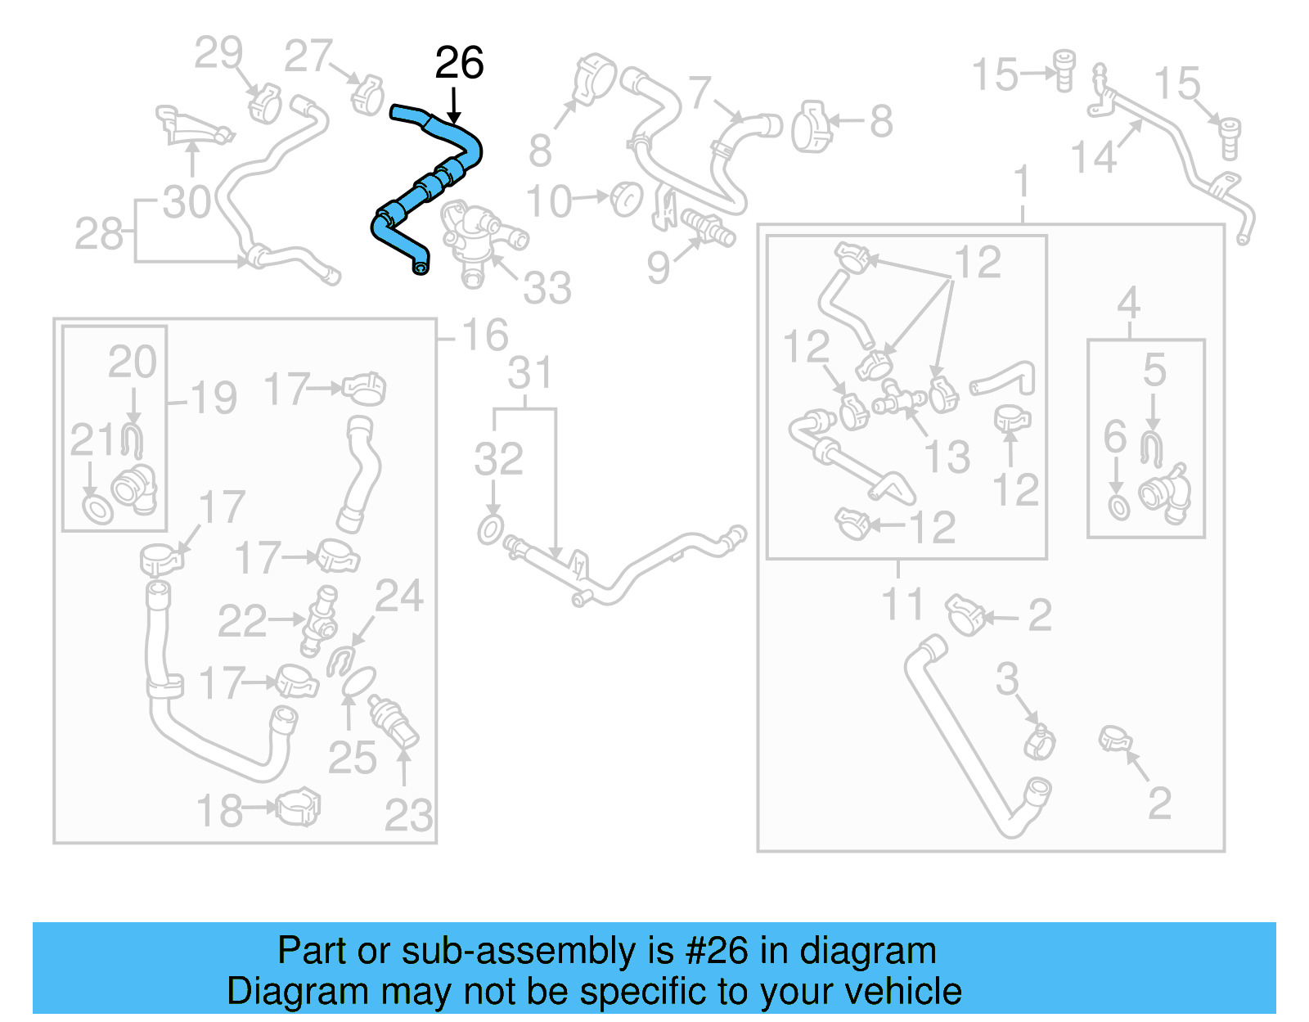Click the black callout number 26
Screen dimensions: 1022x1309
coord(459,63)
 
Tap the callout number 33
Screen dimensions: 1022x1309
coord(547,288)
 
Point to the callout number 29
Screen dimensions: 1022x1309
coord(218,53)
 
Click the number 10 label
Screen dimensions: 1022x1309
coord(548,202)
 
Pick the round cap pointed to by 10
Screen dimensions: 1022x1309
coord(627,199)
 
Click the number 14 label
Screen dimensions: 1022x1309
coord(1094,157)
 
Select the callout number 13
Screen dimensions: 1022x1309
coord(947,457)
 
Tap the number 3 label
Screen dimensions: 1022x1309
coord(1007,678)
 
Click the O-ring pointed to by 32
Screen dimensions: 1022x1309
coord(490,529)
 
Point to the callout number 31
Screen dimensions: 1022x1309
coord(530,373)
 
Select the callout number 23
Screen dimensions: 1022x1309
coord(408,815)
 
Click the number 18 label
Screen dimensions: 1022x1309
coord(219,811)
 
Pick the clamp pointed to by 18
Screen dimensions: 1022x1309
coord(299,808)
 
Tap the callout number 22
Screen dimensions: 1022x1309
coord(242,621)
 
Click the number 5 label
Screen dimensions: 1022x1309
coord(1154,370)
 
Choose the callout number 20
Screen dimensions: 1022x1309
coord(133,362)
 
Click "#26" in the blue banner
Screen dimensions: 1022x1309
coord(716,951)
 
